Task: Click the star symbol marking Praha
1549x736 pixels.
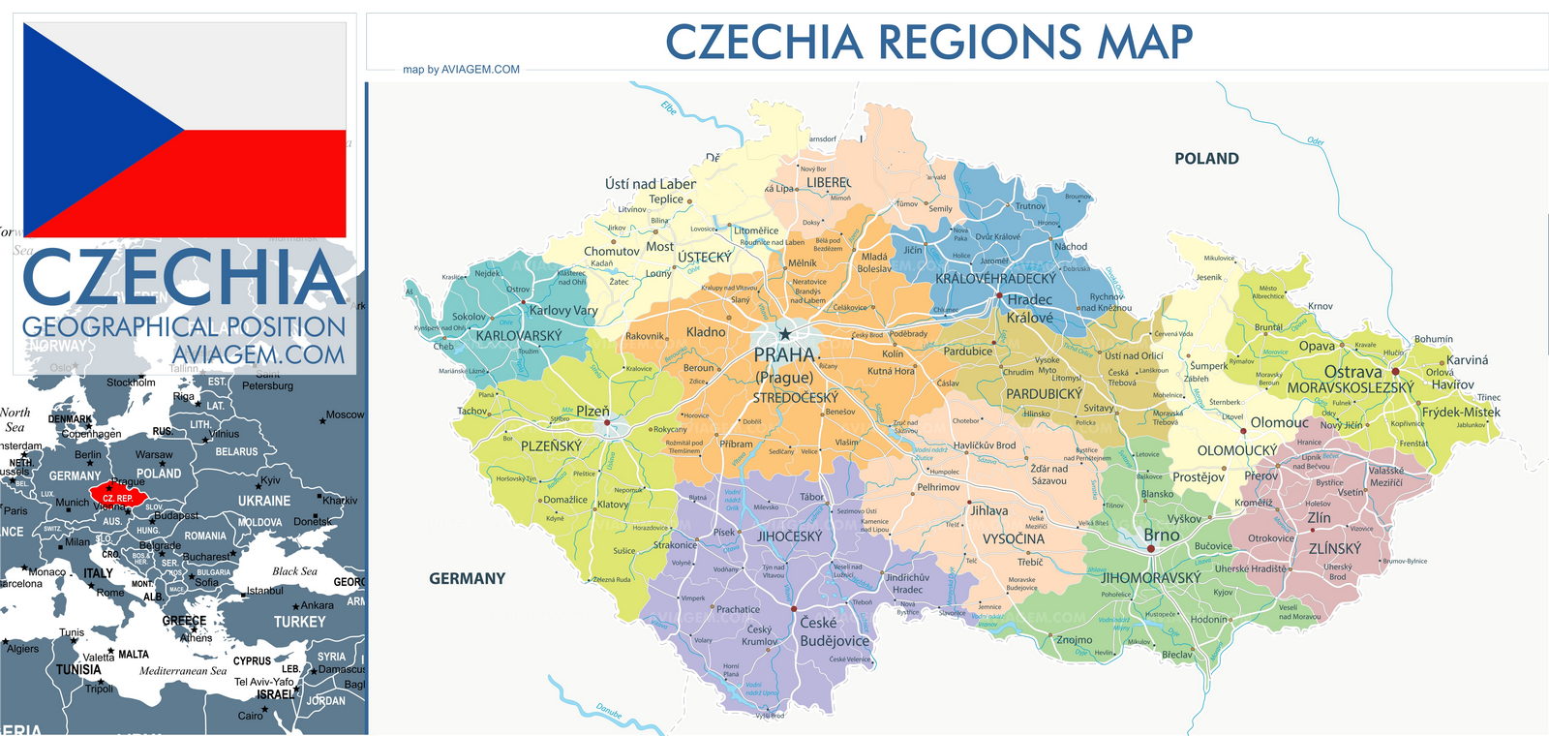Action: [785, 334]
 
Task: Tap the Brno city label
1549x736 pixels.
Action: [1161, 536]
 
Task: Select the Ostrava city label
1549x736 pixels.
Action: [1352, 372]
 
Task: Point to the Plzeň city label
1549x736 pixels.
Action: [592, 411]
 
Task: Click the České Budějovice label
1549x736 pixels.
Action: [834, 631]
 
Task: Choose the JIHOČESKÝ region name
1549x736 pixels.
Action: [789, 537]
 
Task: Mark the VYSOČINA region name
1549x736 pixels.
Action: [1013, 538]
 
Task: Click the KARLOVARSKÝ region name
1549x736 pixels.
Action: [519, 336]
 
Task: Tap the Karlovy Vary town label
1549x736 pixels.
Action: [562, 311]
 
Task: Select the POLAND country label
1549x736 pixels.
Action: [1206, 159]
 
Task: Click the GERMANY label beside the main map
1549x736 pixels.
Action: [467, 578]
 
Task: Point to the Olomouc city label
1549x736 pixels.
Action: [1279, 423]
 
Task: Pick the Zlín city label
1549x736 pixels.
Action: [1319, 518]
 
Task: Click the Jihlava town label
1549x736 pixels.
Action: [988, 510]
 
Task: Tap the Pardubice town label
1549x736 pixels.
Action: [967, 352]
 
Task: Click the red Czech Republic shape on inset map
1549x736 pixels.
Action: [118, 497]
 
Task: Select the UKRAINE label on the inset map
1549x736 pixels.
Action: [263, 501]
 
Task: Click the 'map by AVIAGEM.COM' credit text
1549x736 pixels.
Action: [461, 70]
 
